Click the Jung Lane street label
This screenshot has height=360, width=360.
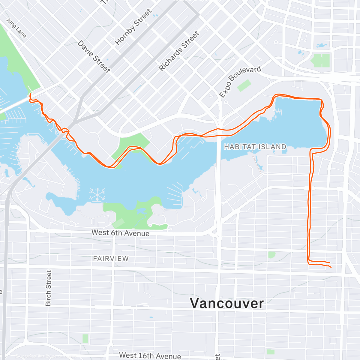pos(16,28)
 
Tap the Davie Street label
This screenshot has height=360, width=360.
pos(94,56)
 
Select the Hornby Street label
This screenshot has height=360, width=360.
pos(133,27)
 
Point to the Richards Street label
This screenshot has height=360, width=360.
pos(179,51)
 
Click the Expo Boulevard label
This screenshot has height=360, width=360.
pos(240,82)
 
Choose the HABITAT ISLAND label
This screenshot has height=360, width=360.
pos(255,147)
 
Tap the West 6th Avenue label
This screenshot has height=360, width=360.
pos(120,233)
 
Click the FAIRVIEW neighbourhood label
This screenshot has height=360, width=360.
pos(111,259)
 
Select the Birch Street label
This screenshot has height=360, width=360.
pos(48,288)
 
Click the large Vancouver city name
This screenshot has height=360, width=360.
pos(227,303)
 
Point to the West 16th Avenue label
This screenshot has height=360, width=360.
pos(150,355)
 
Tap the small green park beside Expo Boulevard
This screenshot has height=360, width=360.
pos(244,85)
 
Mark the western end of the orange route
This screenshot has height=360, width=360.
pos(30,94)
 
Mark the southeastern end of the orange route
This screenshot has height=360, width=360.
pos(331,267)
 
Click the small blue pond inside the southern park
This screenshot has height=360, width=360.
pos(141,211)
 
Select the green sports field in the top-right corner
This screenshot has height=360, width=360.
pos(320,60)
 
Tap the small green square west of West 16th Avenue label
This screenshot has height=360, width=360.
pos(85,338)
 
